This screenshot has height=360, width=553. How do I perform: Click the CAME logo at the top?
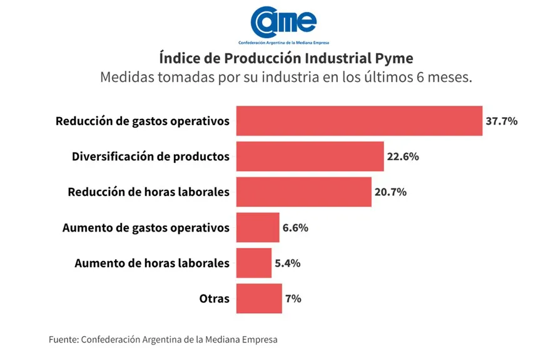point(283,23)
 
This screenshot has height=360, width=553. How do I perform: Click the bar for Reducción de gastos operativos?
point(359,121)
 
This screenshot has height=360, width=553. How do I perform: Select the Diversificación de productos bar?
point(310,157)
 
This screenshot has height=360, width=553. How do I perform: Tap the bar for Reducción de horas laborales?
point(303,192)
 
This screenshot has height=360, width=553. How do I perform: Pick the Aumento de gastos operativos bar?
point(258,228)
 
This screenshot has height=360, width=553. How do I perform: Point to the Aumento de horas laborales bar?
point(254,263)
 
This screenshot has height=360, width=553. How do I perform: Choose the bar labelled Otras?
point(259,299)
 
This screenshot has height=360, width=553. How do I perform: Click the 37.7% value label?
point(501,121)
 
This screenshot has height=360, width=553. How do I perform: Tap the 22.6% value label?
point(402,157)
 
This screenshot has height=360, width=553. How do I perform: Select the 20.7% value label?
point(390,192)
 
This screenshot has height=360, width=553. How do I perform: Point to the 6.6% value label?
point(295,228)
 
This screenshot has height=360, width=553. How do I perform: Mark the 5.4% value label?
point(288,264)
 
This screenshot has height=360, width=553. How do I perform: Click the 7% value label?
point(293,299)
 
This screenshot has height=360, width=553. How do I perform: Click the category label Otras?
point(215,299)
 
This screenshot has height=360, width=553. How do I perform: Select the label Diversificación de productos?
point(151,157)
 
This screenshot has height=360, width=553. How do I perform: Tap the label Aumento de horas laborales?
point(152,264)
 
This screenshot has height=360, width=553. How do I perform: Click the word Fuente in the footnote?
point(63,339)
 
